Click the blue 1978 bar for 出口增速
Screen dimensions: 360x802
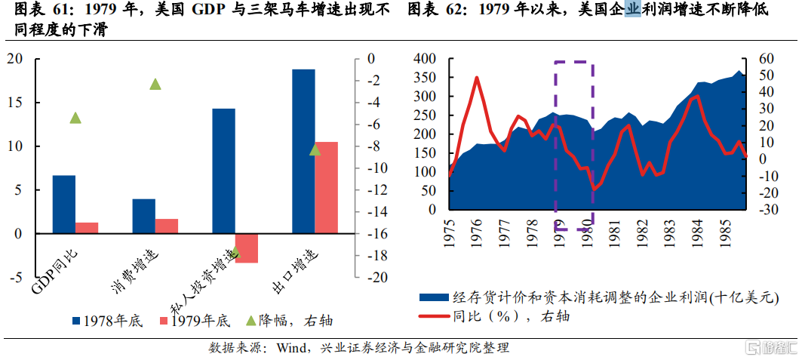(303, 151)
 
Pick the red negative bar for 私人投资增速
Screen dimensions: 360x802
(247, 248)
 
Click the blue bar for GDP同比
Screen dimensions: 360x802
(64, 205)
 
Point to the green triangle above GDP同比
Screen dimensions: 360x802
(75, 117)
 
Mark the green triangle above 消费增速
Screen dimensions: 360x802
(155, 84)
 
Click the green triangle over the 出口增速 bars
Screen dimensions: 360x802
(315, 149)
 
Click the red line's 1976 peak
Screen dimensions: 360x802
(477, 77)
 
